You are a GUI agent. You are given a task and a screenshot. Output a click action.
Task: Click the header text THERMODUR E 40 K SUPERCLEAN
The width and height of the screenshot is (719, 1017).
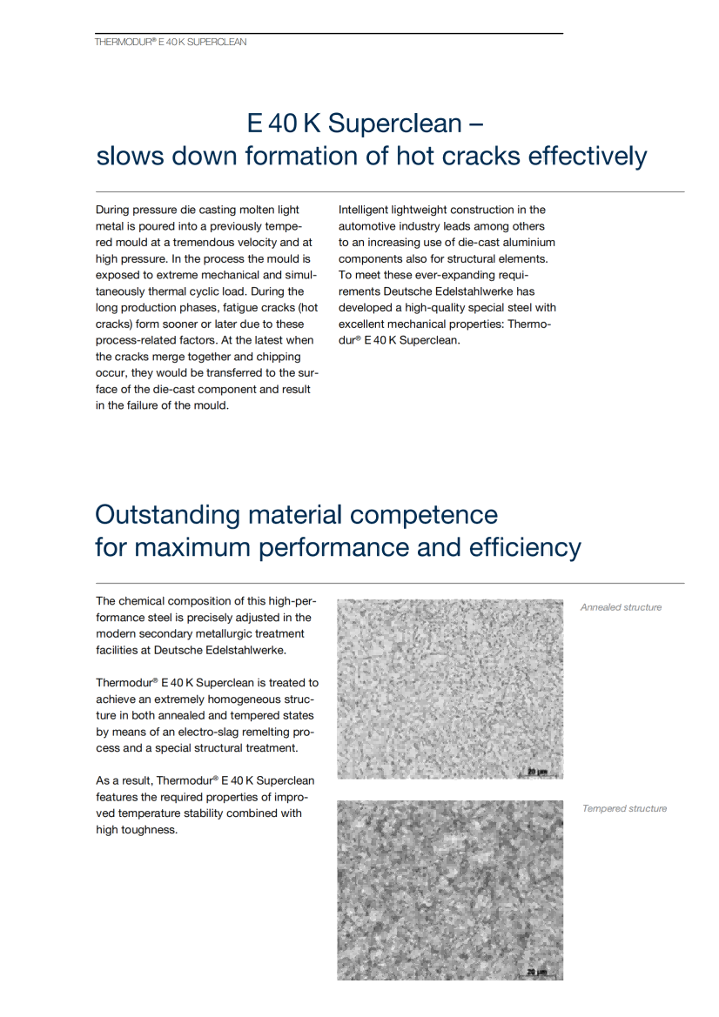pos(171,42)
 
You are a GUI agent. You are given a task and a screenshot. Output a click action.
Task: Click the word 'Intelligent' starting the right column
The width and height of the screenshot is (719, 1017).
pos(365,210)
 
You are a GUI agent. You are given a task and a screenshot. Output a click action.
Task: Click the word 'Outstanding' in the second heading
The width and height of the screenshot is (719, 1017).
pos(167,515)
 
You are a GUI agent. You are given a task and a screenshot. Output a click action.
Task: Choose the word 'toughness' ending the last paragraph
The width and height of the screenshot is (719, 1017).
pos(152,830)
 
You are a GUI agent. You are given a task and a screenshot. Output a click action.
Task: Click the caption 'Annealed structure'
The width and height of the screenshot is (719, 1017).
pos(621,607)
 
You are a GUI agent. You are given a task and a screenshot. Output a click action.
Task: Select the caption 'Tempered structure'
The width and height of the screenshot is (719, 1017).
pos(624,809)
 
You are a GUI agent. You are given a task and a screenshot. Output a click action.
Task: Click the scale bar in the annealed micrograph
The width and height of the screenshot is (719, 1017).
pos(537,770)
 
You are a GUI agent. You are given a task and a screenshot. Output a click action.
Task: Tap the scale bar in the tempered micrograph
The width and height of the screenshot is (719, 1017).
pos(537,971)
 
